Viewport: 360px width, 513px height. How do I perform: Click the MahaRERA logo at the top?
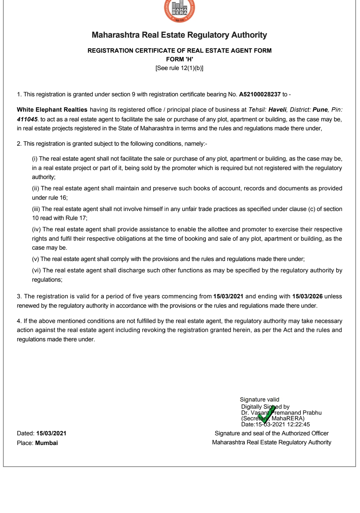(x=180, y=10)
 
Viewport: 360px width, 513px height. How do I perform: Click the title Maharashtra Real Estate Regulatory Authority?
(x=179, y=35)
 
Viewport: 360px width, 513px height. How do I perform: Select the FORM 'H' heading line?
(x=180, y=59)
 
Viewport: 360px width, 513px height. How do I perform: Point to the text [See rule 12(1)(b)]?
(x=179, y=68)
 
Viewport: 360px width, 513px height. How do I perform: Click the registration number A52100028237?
(x=260, y=94)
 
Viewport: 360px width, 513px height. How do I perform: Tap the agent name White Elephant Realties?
(x=52, y=110)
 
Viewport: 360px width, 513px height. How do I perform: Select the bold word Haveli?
(x=277, y=110)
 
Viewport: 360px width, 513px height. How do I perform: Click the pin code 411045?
(x=27, y=119)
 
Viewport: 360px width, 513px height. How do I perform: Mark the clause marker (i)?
(x=35, y=159)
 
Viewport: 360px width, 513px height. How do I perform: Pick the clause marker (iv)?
(x=36, y=229)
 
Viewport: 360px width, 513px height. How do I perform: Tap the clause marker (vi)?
(x=36, y=270)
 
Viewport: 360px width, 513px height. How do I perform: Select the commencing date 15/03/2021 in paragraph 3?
(x=228, y=296)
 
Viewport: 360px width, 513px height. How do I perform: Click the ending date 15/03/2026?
(x=307, y=296)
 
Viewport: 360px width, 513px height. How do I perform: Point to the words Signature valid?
(x=259, y=399)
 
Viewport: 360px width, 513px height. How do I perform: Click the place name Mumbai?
(x=47, y=443)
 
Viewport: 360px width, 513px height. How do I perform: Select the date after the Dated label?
(x=51, y=433)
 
